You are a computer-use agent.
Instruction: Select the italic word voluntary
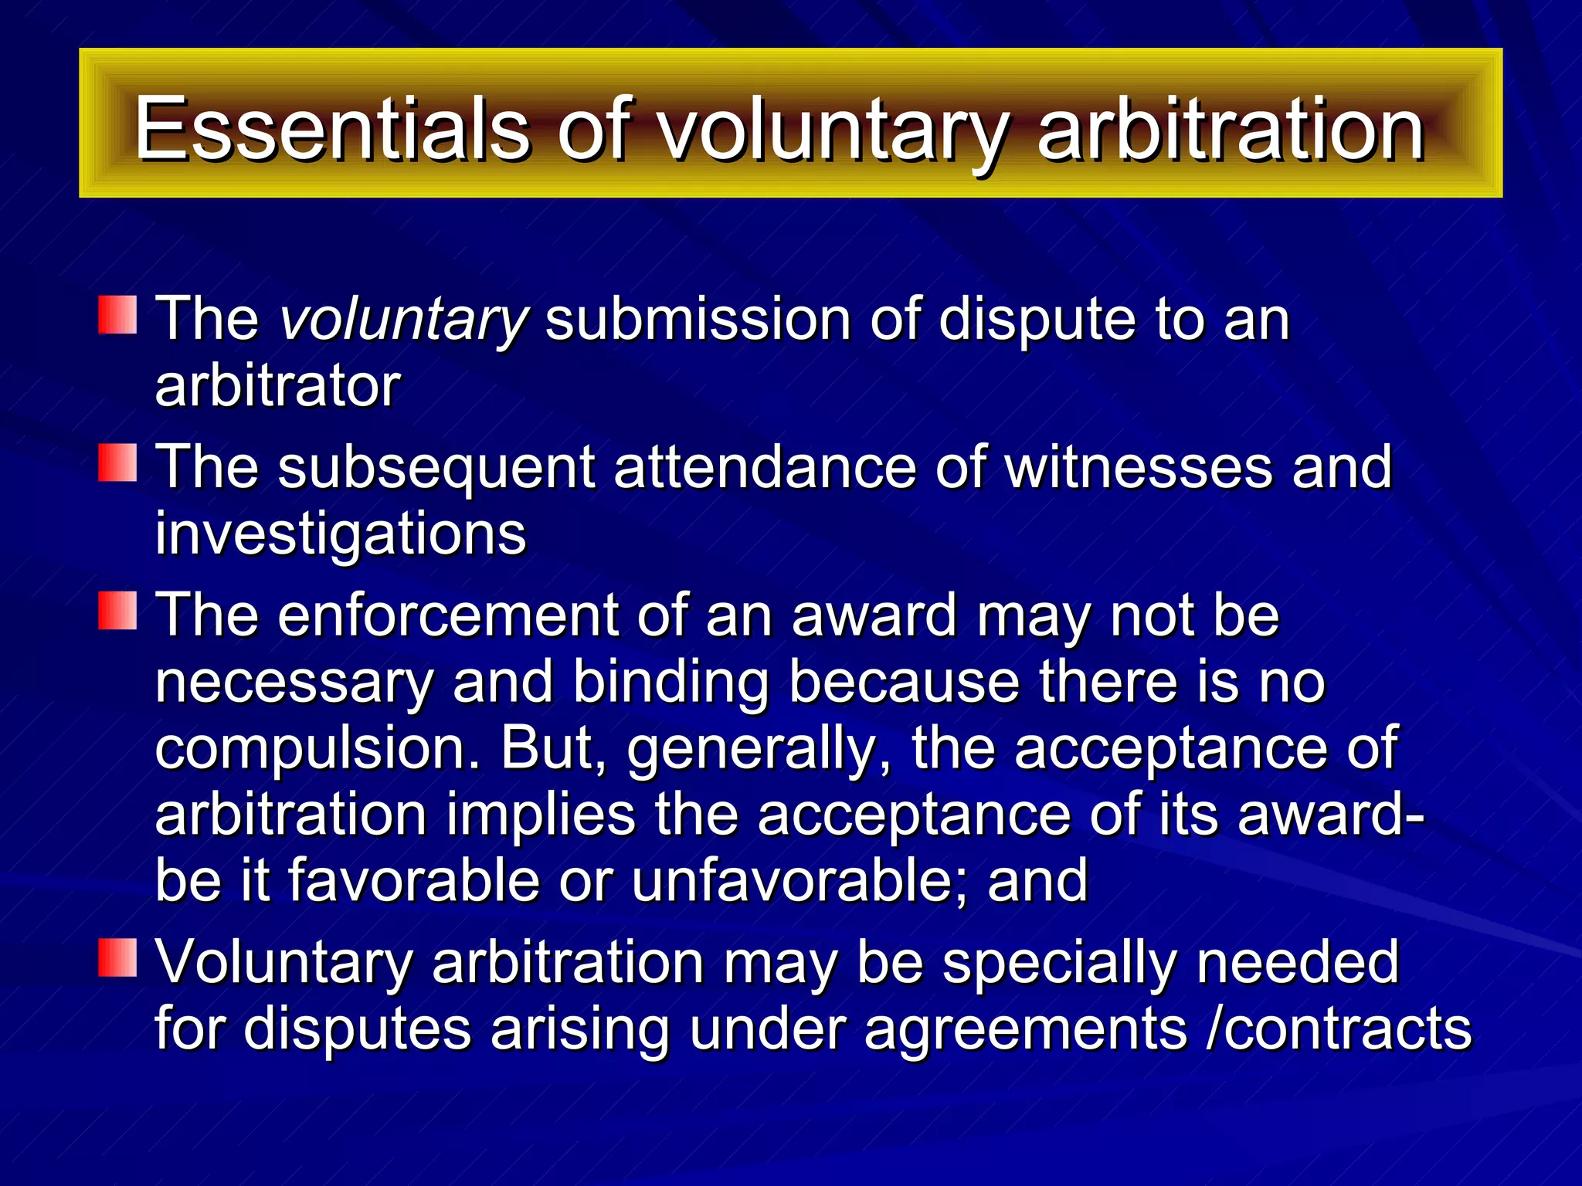pos(403,319)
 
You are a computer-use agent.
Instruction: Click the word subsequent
pos(436,467)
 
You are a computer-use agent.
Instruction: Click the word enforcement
pos(448,615)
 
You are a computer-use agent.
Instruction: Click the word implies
pos(540,815)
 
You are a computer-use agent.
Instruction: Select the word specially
pos(1059,963)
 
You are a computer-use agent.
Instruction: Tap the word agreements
pos(1025,1030)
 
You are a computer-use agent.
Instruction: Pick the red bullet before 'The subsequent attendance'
pos(117,463)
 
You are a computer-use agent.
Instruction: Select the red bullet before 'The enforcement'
pos(117,611)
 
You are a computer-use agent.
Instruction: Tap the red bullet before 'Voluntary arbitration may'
pos(117,958)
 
